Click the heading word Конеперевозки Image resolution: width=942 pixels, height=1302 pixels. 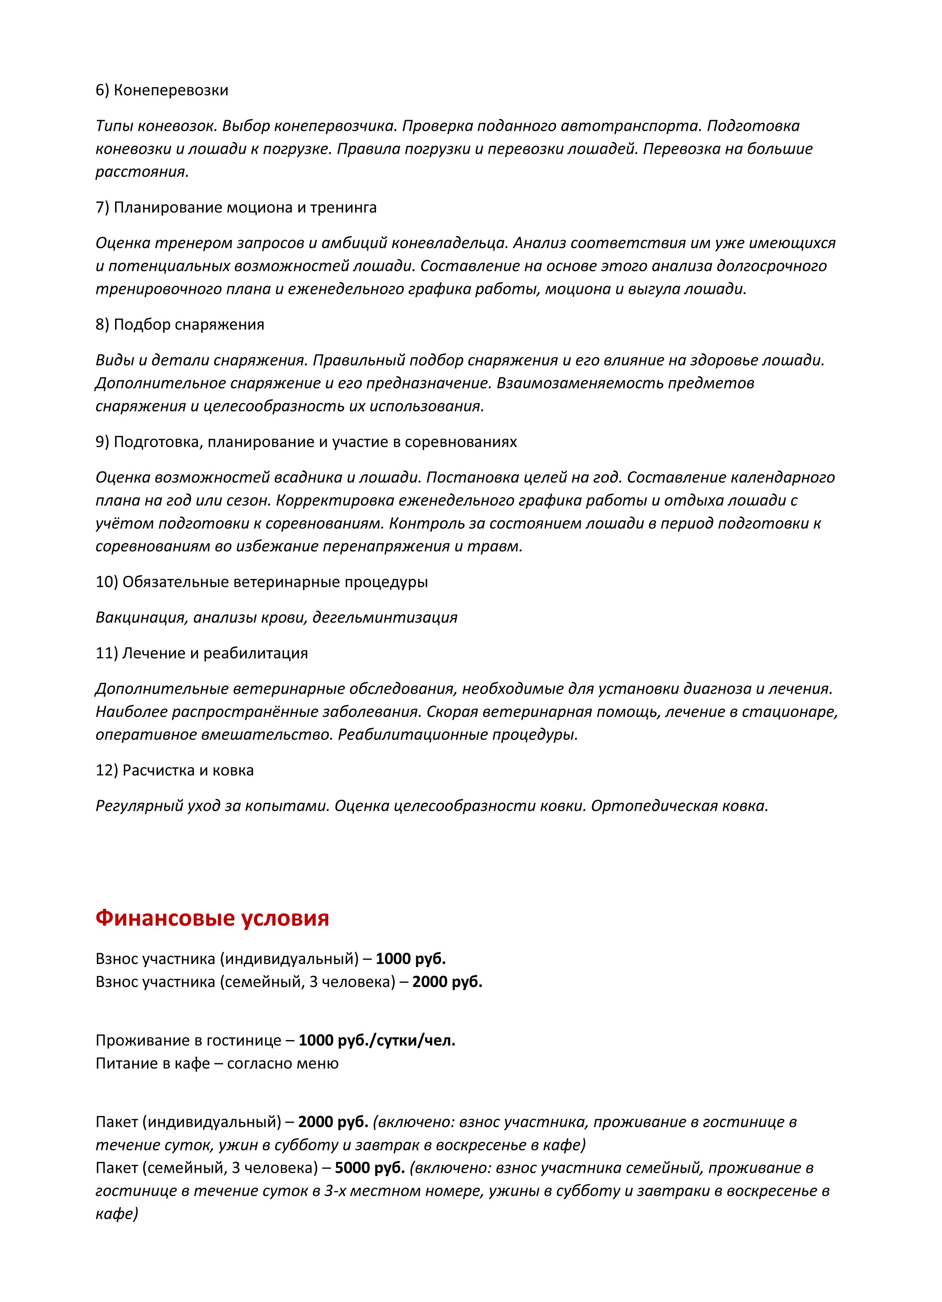171,90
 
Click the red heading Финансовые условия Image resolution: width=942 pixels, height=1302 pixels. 212,918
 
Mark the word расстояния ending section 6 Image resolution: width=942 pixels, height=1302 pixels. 142,172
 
